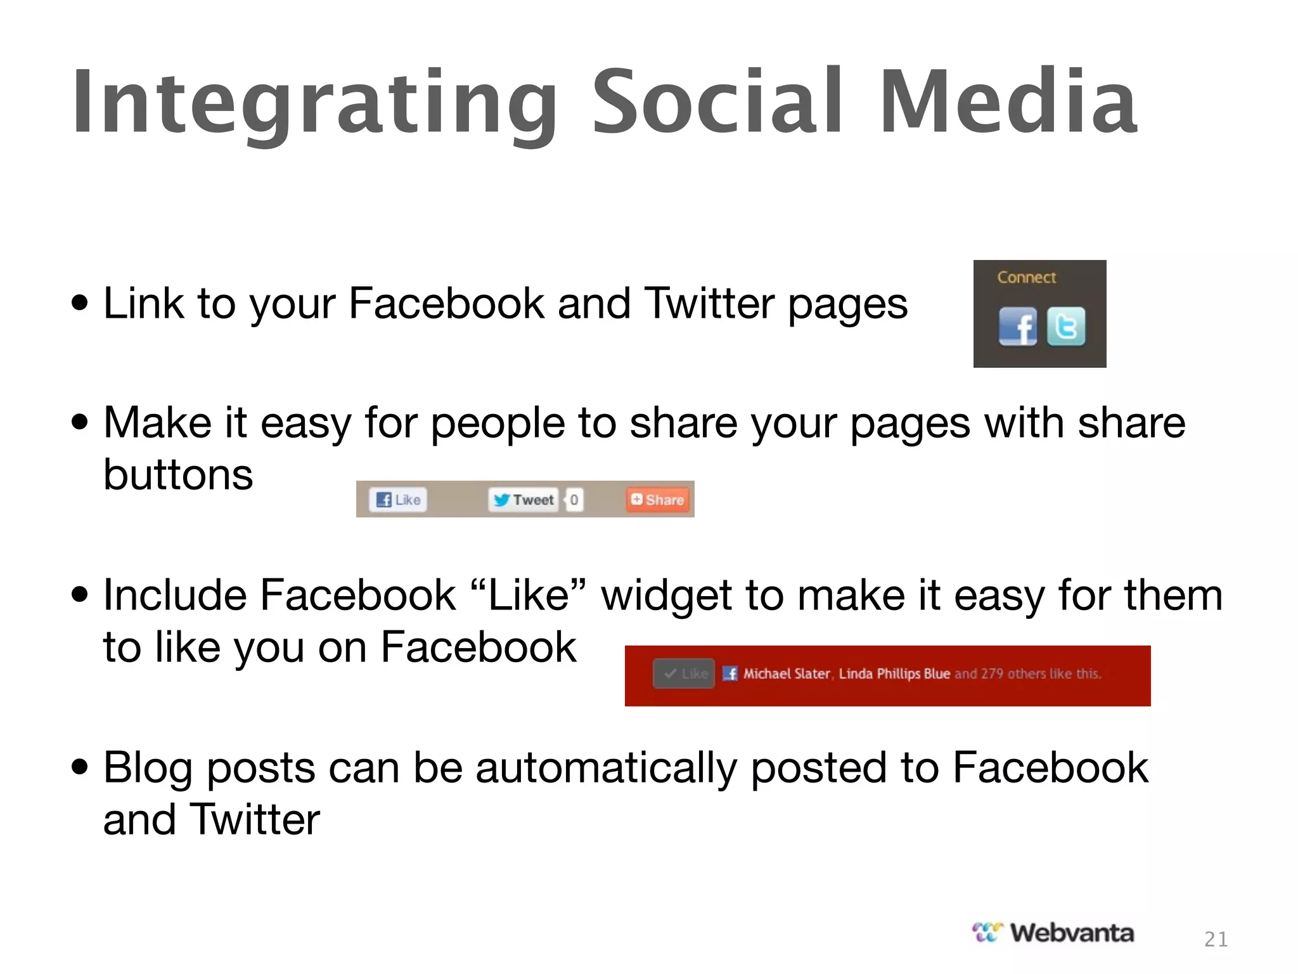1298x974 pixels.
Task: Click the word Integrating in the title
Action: (314, 105)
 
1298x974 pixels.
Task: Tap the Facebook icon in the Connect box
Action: (1017, 327)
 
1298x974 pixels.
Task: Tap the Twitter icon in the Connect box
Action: (1066, 327)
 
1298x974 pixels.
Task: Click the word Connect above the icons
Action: (1026, 277)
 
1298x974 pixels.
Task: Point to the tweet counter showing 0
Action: (574, 500)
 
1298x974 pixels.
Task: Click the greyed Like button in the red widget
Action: (684, 673)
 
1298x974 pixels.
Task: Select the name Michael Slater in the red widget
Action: (786, 673)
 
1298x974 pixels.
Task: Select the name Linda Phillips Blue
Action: (894, 673)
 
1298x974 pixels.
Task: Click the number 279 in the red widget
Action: (992, 673)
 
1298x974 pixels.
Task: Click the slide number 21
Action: (1216, 939)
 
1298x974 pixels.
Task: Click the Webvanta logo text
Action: (1071, 933)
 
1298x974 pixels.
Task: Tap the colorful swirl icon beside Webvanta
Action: (987, 933)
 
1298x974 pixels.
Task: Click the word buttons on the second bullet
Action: (178, 474)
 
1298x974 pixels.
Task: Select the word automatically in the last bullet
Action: (607, 768)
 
